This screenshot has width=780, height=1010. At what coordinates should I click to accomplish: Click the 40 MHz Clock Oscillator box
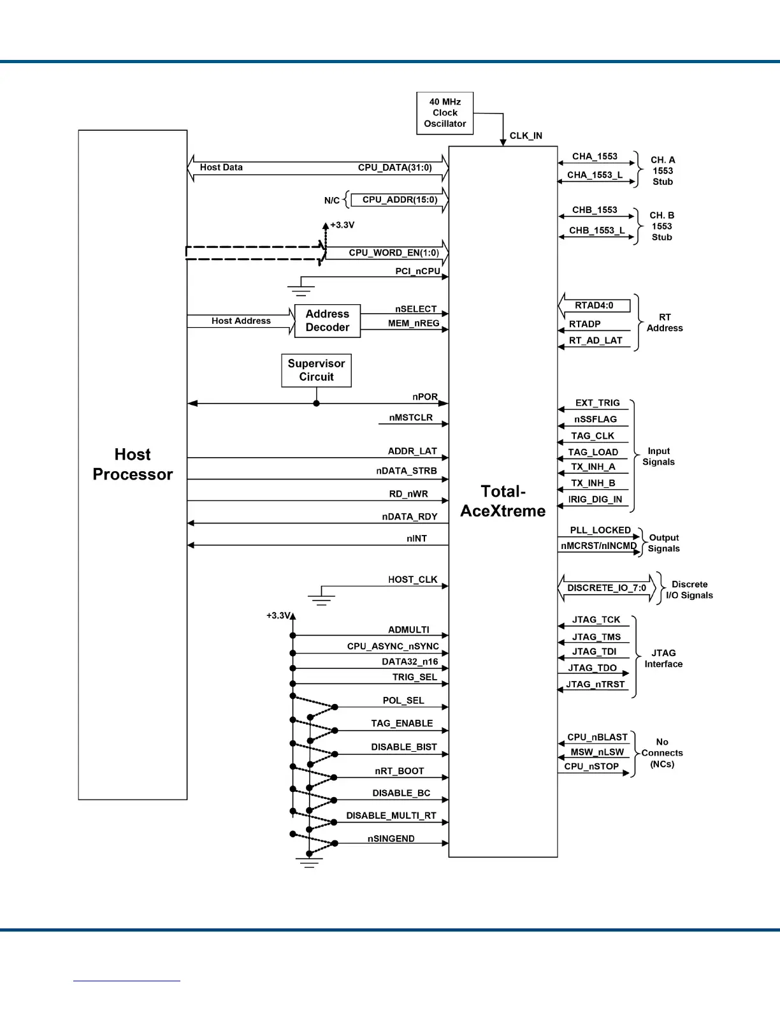pyautogui.click(x=445, y=113)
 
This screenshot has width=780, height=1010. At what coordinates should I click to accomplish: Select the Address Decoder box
pyautogui.click(x=328, y=321)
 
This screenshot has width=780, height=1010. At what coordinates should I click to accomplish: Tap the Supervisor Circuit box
pyautogui.click(x=316, y=370)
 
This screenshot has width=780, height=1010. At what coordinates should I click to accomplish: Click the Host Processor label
pyautogui.click(x=133, y=464)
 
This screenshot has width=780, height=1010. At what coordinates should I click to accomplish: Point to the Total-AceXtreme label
pyautogui.click(x=503, y=501)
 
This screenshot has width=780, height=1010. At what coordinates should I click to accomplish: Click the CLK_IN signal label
pyautogui.click(x=526, y=136)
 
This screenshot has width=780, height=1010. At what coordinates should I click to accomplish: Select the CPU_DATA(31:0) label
pyautogui.click(x=395, y=168)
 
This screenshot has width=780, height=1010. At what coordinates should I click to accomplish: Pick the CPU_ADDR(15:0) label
pyautogui.click(x=400, y=200)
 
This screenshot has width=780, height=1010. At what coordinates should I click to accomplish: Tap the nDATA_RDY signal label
pyautogui.click(x=410, y=516)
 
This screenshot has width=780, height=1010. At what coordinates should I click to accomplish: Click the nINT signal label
pyautogui.click(x=417, y=539)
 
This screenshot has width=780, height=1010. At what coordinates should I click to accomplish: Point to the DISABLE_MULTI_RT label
pyautogui.click(x=391, y=816)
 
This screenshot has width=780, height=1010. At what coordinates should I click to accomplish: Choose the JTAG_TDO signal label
pyautogui.click(x=593, y=668)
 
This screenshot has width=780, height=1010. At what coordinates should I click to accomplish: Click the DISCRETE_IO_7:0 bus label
pyautogui.click(x=607, y=588)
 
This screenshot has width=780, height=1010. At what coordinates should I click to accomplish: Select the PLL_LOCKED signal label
pyautogui.click(x=600, y=531)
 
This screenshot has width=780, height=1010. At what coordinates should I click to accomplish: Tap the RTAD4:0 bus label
pyautogui.click(x=594, y=305)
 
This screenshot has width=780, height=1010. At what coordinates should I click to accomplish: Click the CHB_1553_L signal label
pyautogui.click(x=597, y=230)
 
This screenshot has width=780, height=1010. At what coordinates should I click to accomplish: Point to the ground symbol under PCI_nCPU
pyautogui.click(x=301, y=291)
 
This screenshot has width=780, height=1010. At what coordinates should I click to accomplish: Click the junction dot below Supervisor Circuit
pyautogui.click(x=316, y=404)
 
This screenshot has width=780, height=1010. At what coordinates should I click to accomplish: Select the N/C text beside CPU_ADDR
pyautogui.click(x=332, y=200)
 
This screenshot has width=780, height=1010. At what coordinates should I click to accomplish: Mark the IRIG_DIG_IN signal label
pyautogui.click(x=595, y=499)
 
